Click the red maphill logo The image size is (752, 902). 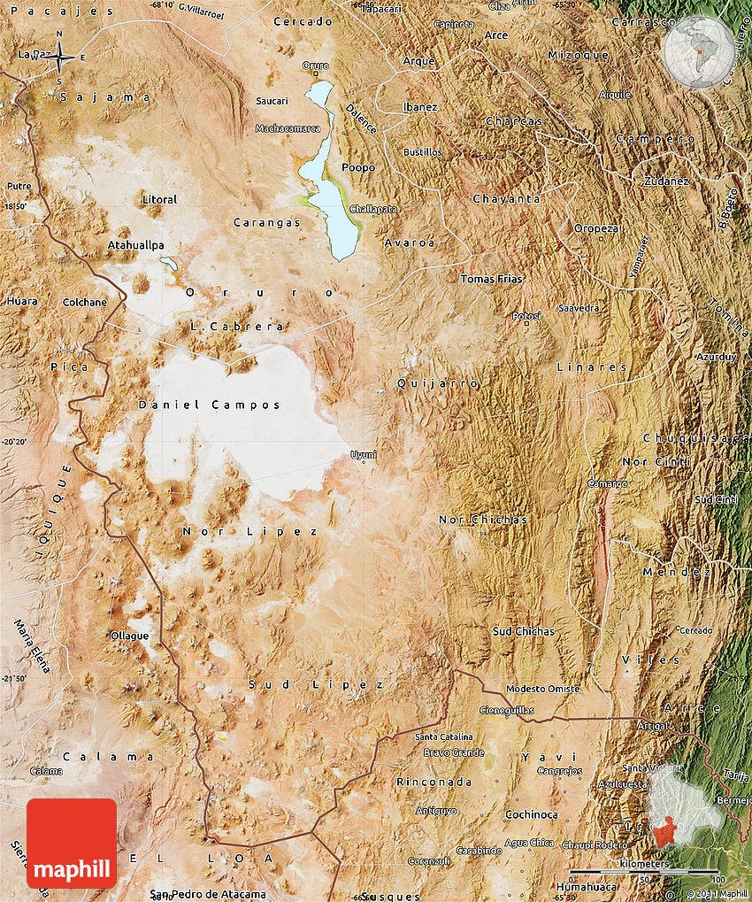[x=72, y=843]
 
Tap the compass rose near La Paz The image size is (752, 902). [x=60, y=58]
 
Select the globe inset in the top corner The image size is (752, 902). [x=700, y=51]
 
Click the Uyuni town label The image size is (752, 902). [x=364, y=455]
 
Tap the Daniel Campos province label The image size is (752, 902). [x=210, y=405]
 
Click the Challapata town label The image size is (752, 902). [x=374, y=209]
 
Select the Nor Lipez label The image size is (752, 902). [x=249, y=531]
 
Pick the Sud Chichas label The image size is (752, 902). [x=523, y=631]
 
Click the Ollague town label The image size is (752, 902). [x=129, y=636]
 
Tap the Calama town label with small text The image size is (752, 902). [x=46, y=771]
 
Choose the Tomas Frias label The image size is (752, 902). [x=491, y=279]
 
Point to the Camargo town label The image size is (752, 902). [x=608, y=484]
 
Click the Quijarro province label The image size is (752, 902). [x=437, y=383]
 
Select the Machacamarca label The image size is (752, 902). [x=288, y=128]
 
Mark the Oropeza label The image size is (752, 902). [x=596, y=228]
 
